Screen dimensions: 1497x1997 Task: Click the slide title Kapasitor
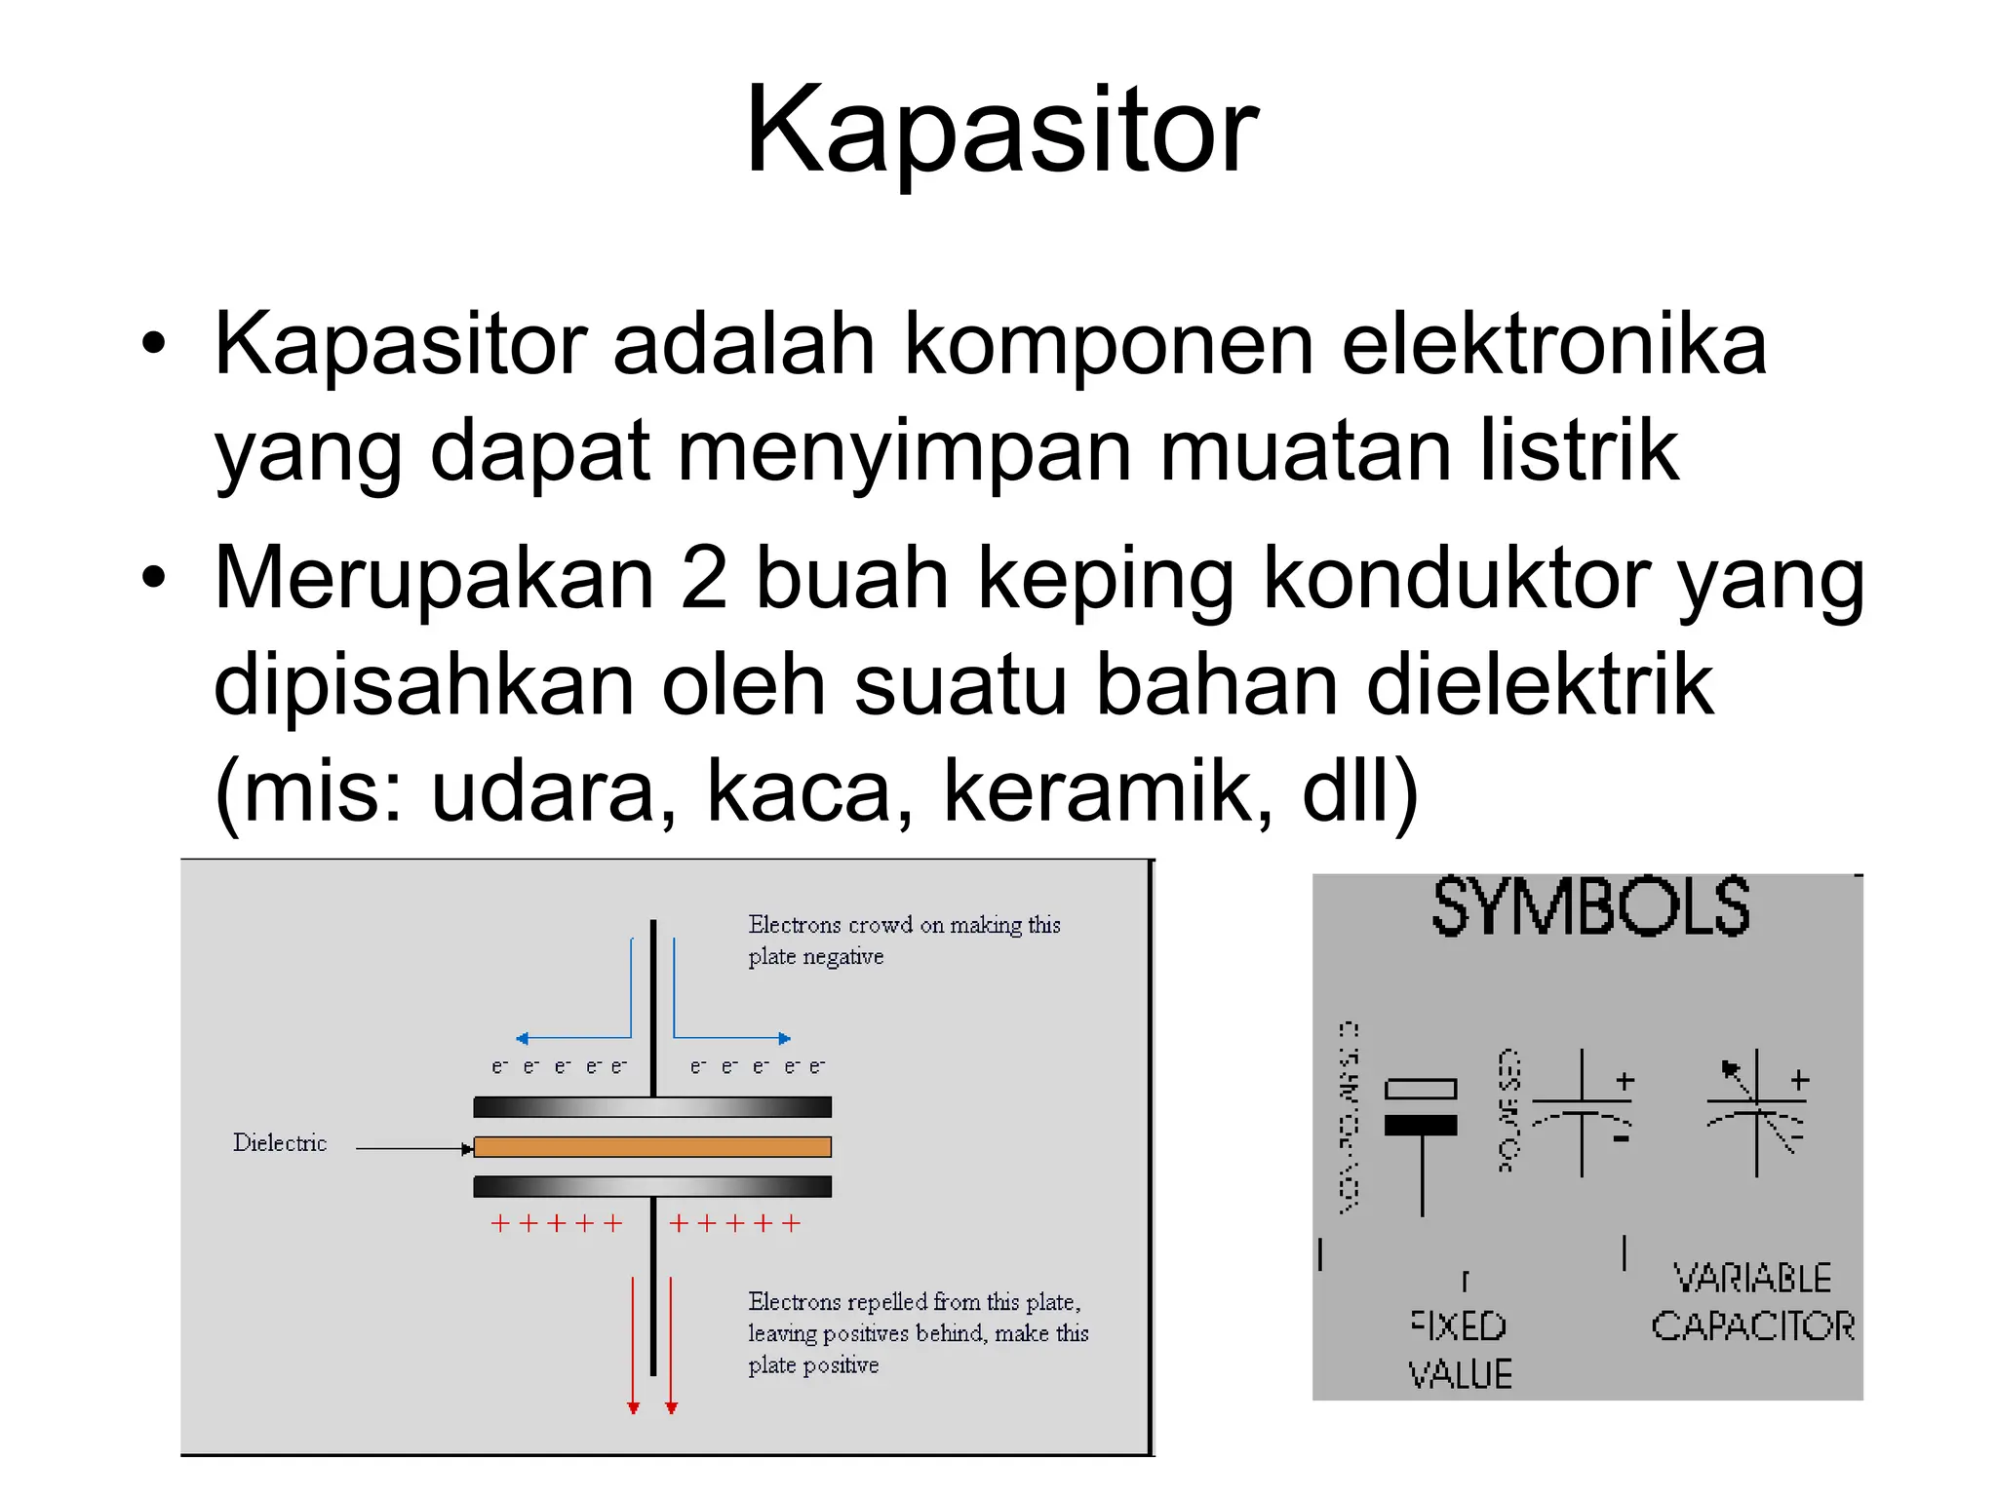pos(1001,132)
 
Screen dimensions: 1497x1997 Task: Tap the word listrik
pos(1579,451)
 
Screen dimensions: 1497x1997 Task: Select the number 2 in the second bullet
pos(704,578)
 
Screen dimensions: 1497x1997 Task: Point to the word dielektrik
pos(1540,685)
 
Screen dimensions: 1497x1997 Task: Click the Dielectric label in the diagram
pos(280,1143)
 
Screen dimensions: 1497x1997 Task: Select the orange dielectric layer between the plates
pos(651,1147)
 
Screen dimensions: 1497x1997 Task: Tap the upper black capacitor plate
pos(651,1107)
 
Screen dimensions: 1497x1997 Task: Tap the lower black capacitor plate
pos(651,1186)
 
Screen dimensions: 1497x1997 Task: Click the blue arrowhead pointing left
pos(523,1039)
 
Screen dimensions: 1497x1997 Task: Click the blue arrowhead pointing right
pos(784,1039)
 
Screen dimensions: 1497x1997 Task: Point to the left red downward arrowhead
pos(633,1407)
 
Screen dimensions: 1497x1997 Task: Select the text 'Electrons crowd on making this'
pos(904,925)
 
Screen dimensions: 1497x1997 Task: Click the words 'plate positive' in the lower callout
pos(813,1365)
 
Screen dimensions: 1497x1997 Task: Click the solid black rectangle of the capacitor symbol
pos(1421,1126)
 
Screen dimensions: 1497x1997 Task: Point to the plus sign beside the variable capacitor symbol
pos(1800,1080)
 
